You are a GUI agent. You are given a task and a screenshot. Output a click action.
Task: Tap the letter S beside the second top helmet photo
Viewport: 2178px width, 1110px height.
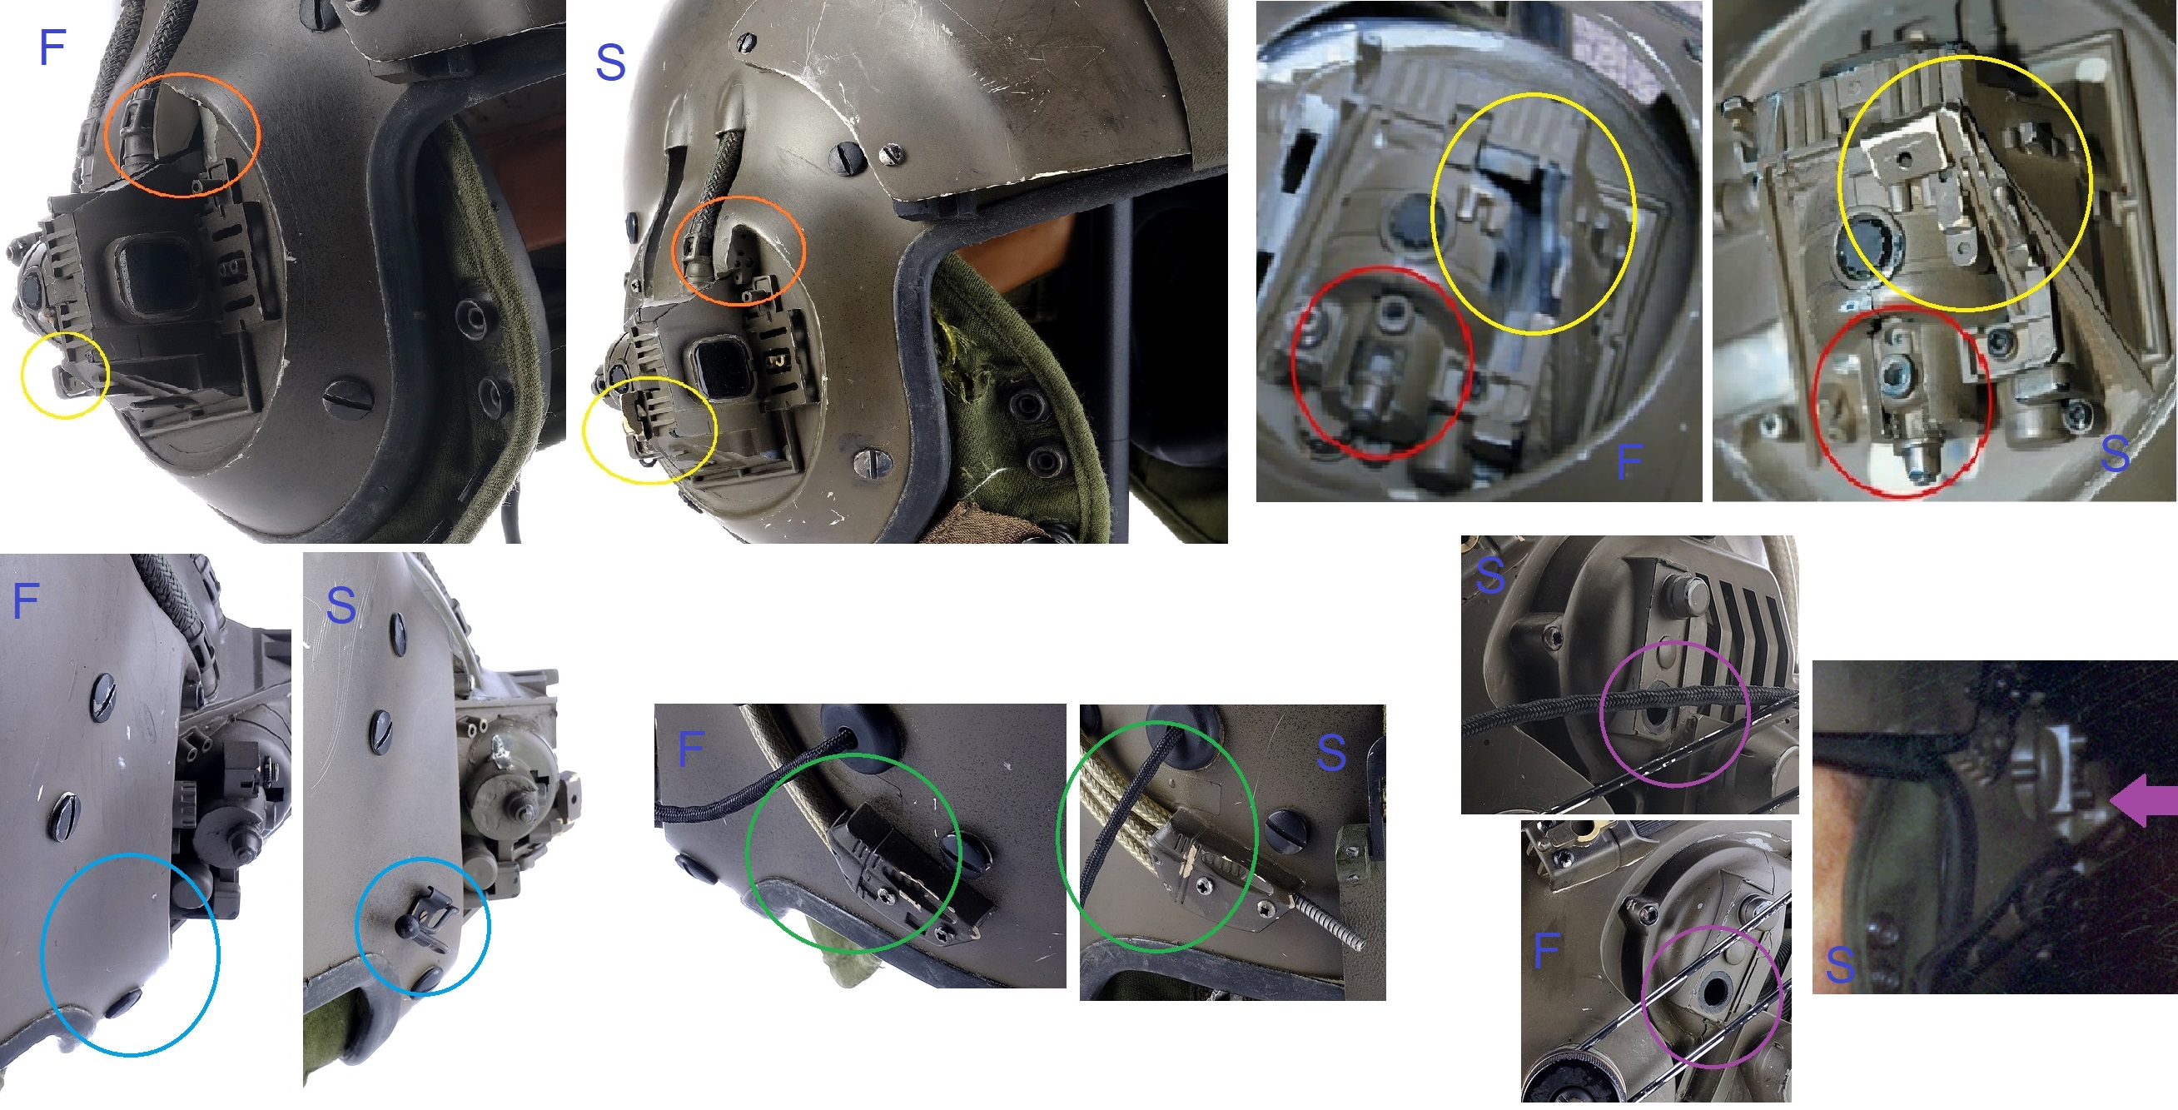[x=610, y=62]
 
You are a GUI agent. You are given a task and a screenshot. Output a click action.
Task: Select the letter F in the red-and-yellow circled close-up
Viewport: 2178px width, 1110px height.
[x=1629, y=461]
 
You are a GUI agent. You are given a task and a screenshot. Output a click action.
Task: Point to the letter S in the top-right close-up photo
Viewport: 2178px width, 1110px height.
[x=2115, y=454]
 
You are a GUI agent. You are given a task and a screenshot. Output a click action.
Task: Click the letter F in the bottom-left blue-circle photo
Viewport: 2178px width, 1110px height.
[x=26, y=601]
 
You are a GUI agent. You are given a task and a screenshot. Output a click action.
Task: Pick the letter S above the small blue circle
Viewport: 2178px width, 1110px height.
[x=341, y=605]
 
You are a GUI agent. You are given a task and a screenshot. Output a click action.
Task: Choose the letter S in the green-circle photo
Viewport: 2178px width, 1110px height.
[x=1331, y=752]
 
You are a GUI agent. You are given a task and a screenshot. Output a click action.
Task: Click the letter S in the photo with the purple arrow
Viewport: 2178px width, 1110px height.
[x=1841, y=964]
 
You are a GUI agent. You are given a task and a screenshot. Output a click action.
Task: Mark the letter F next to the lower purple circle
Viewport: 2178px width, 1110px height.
[x=1546, y=951]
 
